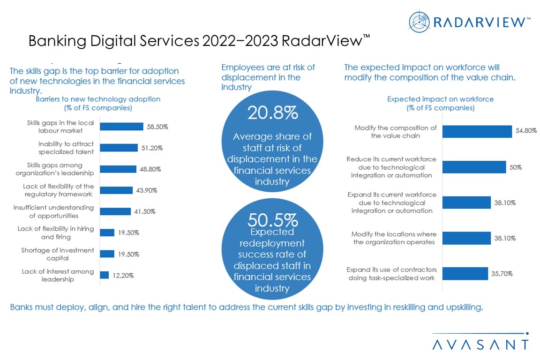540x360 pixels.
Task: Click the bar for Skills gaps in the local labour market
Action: (x=121, y=127)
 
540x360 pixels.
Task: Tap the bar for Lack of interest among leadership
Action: (x=104, y=275)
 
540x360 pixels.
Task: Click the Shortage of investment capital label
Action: (x=58, y=254)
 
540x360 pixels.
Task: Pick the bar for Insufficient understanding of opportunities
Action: (x=115, y=211)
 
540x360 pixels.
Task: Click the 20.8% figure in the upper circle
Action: (x=272, y=113)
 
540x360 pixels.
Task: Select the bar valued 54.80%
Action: (x=477, y=131)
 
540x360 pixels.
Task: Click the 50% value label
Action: (x=516, y=167)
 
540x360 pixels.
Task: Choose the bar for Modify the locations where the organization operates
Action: (x=466, y=238)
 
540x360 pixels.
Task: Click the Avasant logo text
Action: (x=480, y=344)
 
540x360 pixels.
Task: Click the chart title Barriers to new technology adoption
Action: (x=98, y=99)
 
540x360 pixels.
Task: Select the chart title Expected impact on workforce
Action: (x=440, y=99)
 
